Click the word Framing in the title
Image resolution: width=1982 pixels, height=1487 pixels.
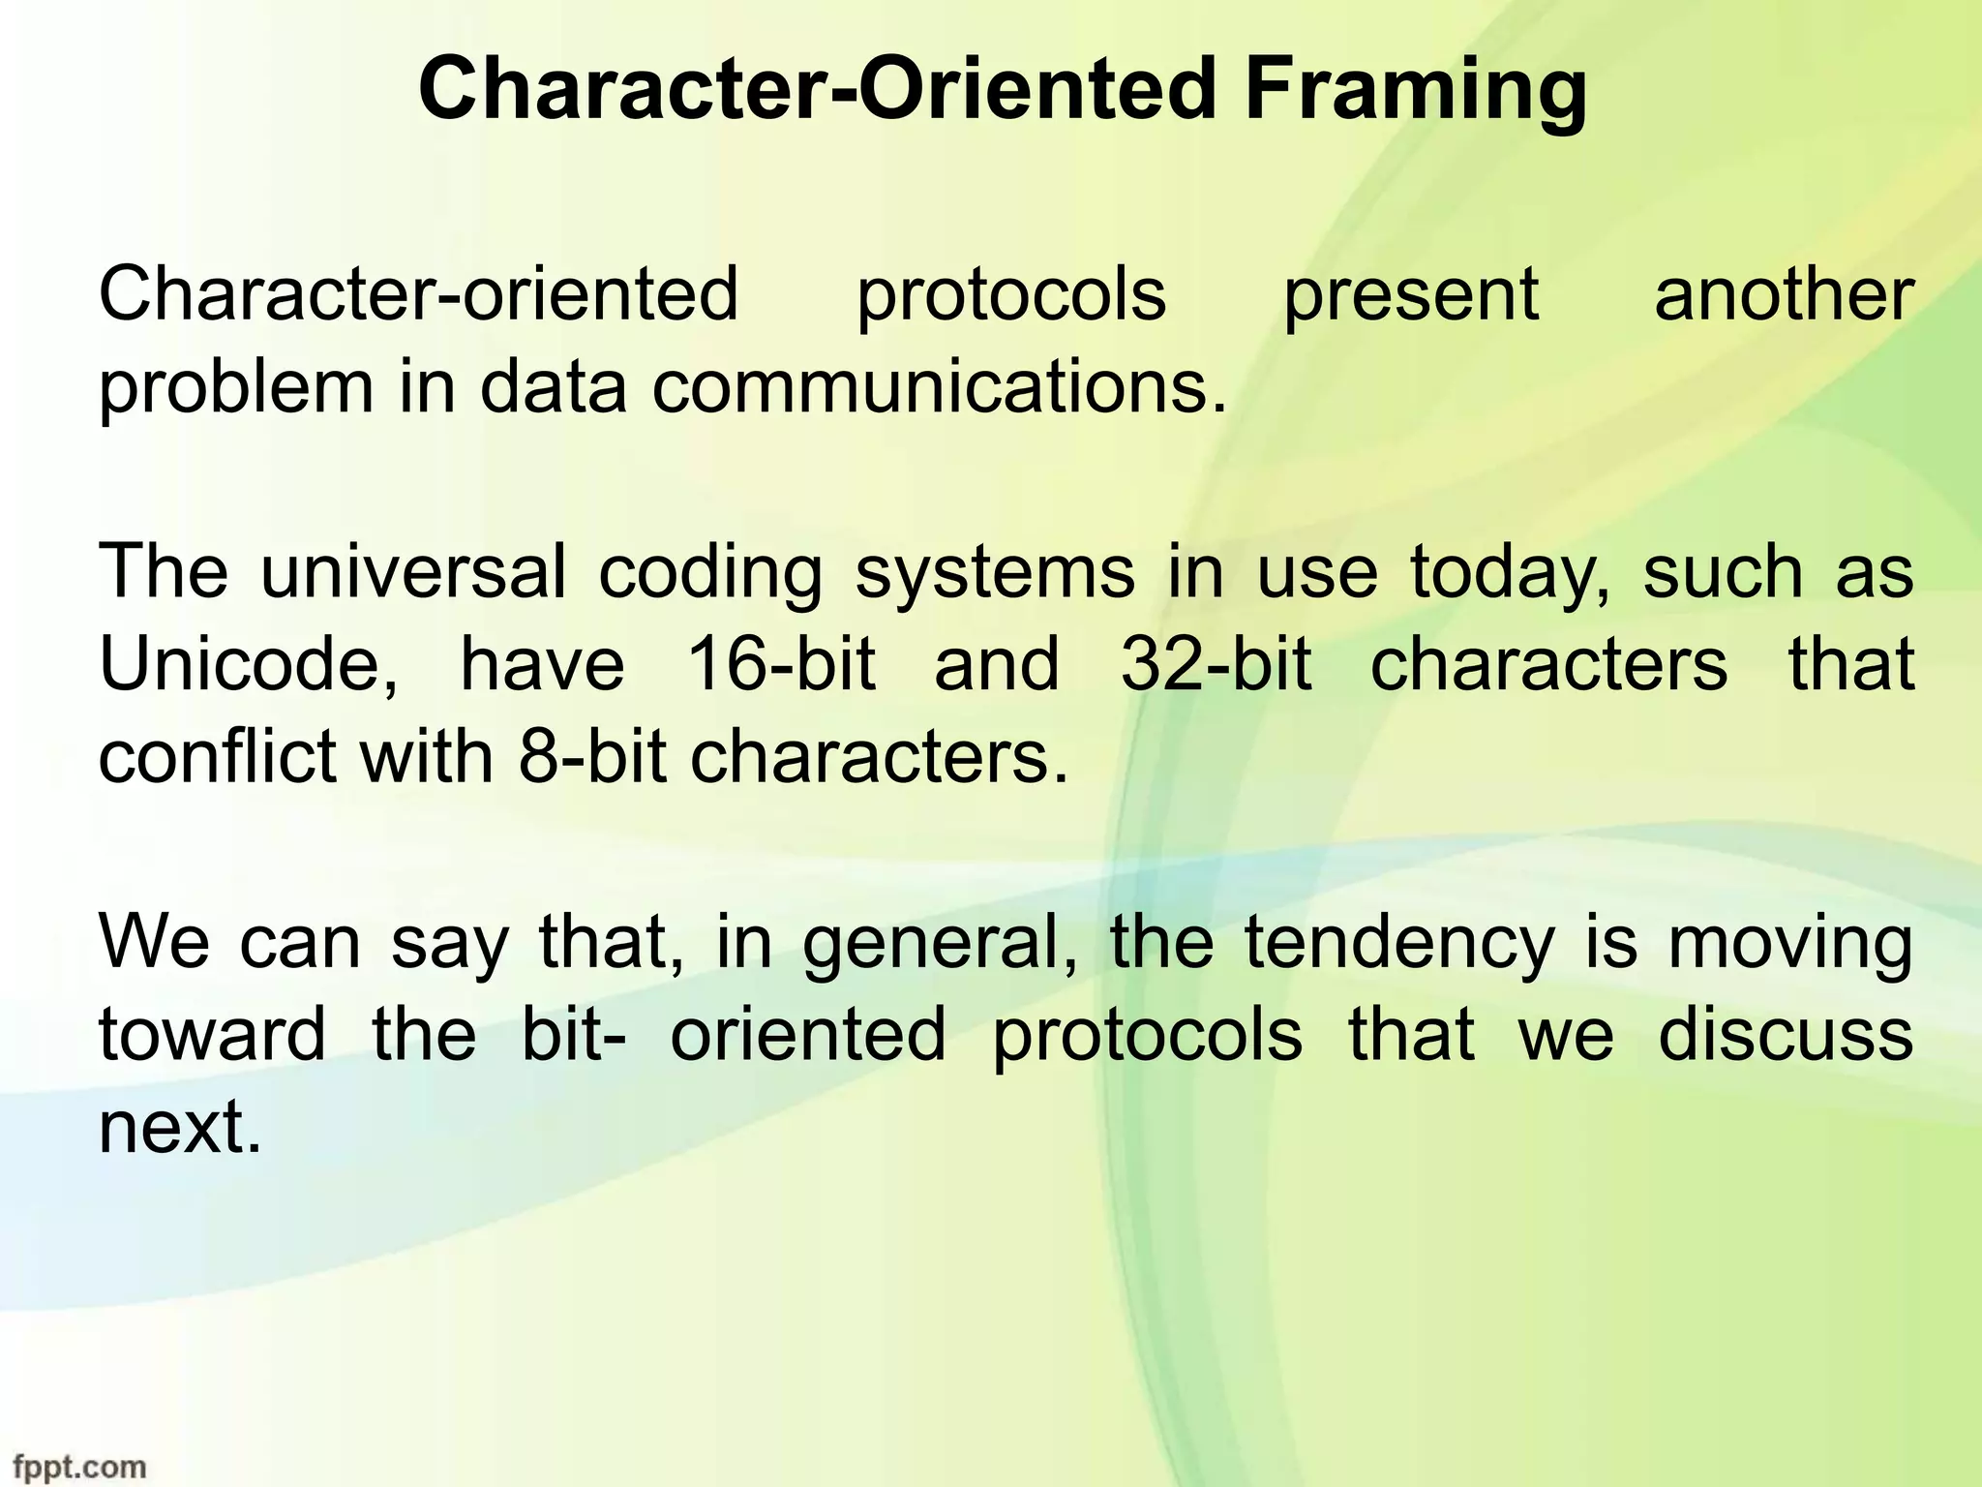(1415, 92)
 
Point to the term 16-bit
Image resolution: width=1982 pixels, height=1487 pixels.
(780, 665)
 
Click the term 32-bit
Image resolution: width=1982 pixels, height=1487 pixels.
(1216, 665)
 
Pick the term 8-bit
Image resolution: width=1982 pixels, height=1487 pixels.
(592, 757)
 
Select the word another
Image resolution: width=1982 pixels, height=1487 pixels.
(1784, 295)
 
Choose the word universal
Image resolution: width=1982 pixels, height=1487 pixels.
(413, 572)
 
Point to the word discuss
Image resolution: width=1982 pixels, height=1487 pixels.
(1786, 1035)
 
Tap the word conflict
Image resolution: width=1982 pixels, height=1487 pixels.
(217, 757)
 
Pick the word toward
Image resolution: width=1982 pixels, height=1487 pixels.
(212, 1035)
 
